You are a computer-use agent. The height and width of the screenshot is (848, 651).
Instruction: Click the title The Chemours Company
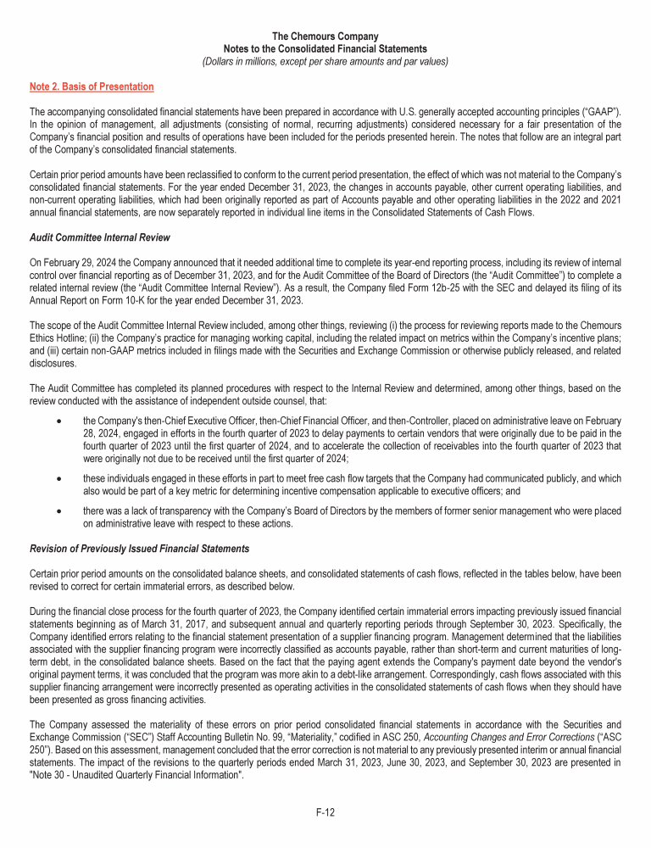pos(325,36)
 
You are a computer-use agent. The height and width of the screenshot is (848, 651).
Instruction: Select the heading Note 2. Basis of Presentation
pos(92,86)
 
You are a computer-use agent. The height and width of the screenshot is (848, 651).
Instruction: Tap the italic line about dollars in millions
pos(325,61)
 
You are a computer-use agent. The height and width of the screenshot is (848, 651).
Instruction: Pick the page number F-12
pos(325,812)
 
